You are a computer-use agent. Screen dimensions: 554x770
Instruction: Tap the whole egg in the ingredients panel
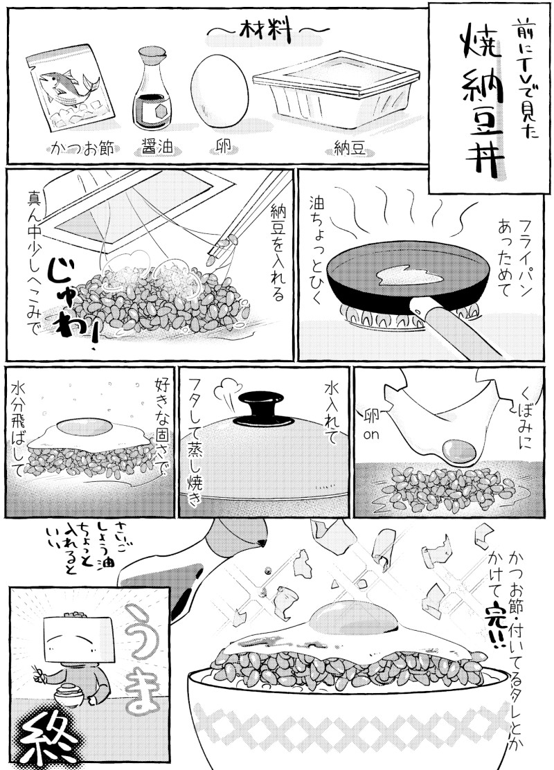point(219,91)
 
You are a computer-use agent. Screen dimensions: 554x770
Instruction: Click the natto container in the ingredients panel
point(337,91)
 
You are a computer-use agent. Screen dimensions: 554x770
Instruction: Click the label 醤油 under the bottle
point(157,147)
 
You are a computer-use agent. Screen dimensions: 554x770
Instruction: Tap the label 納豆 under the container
point(350,147)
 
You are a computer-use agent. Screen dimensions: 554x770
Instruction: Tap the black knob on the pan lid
point(265,407)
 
